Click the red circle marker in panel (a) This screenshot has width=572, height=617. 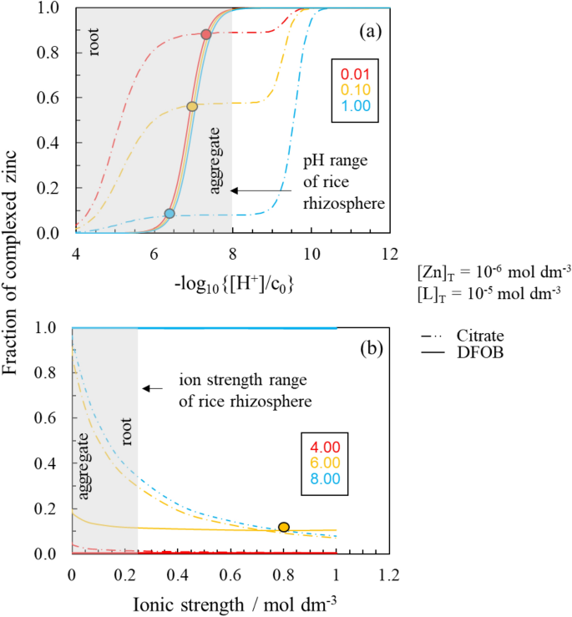(206, 34)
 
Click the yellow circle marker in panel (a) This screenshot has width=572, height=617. (192, 107)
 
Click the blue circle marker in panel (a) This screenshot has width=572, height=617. (170, 214)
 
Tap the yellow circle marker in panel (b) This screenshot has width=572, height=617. (284, 527)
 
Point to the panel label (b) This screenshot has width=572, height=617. (369, 348)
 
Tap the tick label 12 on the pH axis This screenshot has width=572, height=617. (390, 253)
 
